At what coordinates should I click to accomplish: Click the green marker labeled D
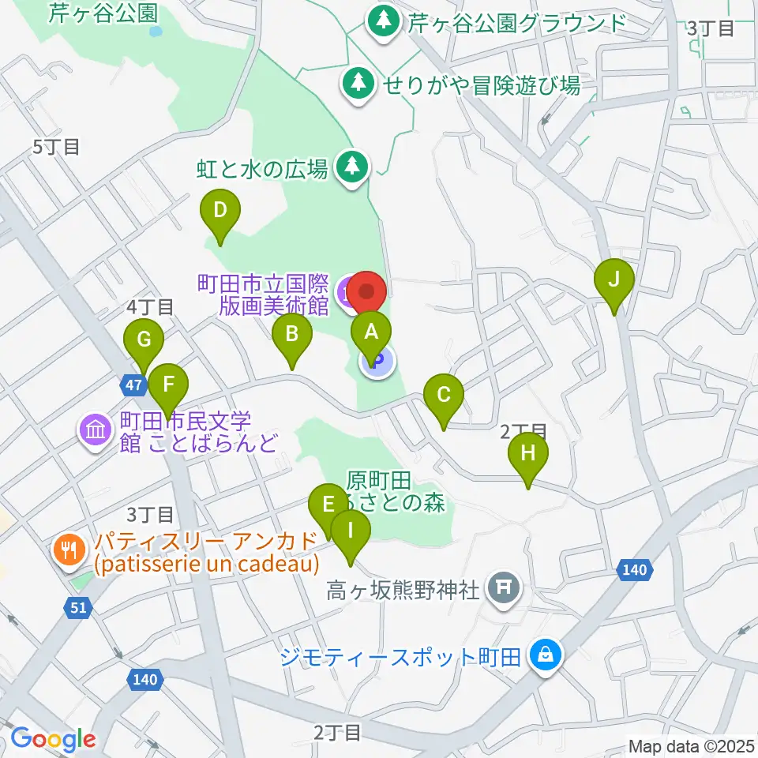[220, 212]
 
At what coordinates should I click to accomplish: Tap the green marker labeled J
[617, 280]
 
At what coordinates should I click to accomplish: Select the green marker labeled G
[144, 341]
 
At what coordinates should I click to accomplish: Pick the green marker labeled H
[527, 455]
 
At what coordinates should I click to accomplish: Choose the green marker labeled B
[291, 336]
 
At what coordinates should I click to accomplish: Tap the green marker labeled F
[167, 385]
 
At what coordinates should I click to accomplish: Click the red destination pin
[366, 293]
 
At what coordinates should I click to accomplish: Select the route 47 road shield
[133, 385]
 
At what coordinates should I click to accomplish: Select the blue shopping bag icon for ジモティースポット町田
[545, 654]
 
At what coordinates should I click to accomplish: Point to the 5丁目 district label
[56, 146]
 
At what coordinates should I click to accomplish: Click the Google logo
[54, 739]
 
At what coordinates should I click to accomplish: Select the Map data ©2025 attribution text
[691, 745]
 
